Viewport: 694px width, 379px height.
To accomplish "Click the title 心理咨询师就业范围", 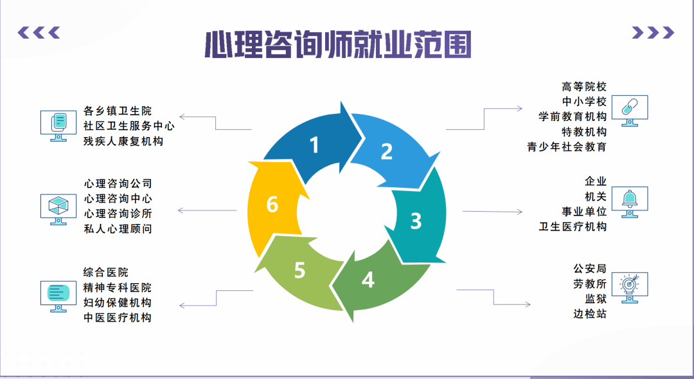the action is pos(338,44).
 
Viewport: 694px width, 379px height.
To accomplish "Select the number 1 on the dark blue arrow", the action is pos(314,145).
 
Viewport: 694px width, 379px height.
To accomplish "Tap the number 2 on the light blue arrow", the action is pos(387,152).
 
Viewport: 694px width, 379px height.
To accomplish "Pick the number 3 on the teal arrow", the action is pos(416,221).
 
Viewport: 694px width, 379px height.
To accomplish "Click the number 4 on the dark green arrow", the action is pos(368,280).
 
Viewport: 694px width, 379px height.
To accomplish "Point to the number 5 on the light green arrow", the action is pos(299,270).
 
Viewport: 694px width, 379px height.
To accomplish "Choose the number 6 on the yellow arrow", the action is pos(272,205).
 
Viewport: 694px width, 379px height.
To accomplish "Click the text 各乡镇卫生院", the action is pos(118,111).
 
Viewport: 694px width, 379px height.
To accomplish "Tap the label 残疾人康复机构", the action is pos(123,141).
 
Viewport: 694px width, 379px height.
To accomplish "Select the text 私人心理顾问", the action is pos(118,228).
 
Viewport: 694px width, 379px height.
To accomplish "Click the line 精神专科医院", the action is pos(118,288).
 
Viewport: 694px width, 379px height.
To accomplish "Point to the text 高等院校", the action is pos(583,86).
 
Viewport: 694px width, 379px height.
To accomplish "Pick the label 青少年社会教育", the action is pos(567,147).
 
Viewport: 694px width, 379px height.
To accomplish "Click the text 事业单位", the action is pos(583,212).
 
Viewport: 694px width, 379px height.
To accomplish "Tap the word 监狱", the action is pos(595,299).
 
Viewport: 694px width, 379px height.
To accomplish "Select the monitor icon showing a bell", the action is pos(629,202).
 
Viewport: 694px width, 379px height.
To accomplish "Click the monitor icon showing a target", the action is pos(629,288).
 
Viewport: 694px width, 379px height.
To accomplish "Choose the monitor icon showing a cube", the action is pos(58,209).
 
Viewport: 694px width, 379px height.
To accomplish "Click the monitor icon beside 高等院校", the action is pos(629,111).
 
